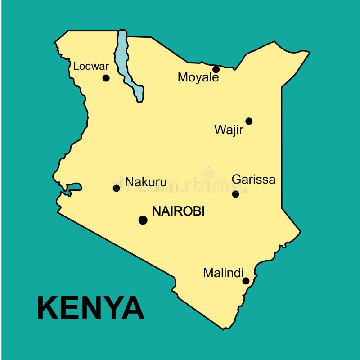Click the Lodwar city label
[x=91, y=66]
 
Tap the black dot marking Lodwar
[x=106, y=78]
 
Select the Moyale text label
[x=198, y=77]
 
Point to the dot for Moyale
[x=216, y=69]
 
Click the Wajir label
[x=229, y=130]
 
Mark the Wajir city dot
[x=249, y=121]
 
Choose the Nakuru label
[x=146, y=182]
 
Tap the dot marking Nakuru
[x=117, y=188]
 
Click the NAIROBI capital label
[x=178, y=211]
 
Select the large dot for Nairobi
[x=143, y=220]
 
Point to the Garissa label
[x=253, y=180]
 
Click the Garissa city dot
[x=235, y=194]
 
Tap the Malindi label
[x=223, y=273]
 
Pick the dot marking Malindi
[x=246, y=281]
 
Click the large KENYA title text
[x=90, y=308]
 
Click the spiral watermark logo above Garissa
[x=208, y=173]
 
